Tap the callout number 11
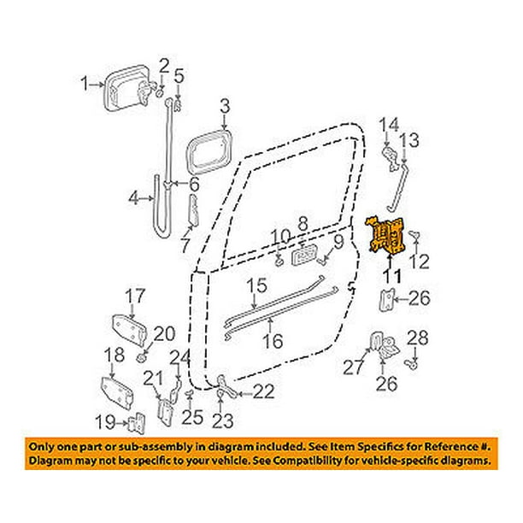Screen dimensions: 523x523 pyautogui.click(x=391, y=275)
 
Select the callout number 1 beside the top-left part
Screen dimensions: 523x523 pyautogui.click(x=85, y=83)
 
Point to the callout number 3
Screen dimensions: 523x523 pyautogui.click(x=225, y=107)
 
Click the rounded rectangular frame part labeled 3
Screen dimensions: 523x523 pyautogui.click(x=209, y=150)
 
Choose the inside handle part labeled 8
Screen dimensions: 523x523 pyautogui.click(x=307, y=255)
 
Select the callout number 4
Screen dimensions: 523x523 pyautogui.click(x=134, y=199)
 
